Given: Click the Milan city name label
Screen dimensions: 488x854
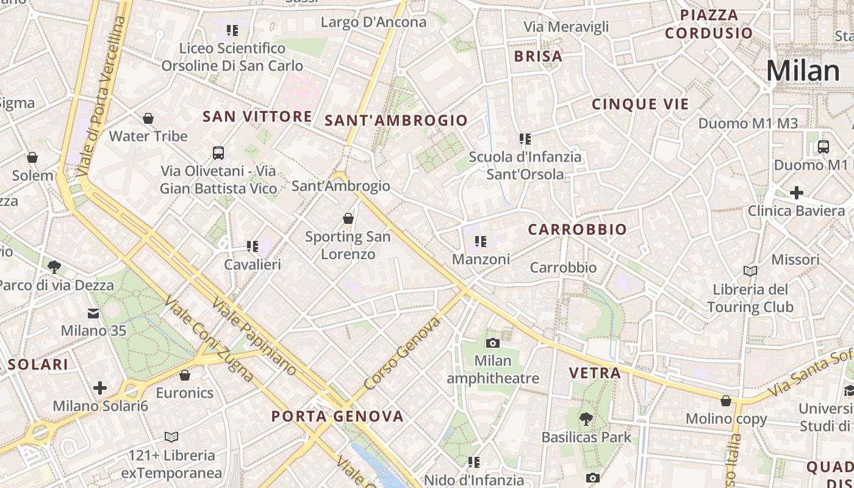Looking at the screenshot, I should click(x=803, y=71).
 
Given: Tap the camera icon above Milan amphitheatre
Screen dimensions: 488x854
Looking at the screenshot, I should click(x=492, y=343).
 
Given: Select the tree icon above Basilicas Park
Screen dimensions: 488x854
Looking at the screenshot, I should click(x=586, y=419).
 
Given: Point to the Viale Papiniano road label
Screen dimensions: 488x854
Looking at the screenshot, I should click(x=254, y=337).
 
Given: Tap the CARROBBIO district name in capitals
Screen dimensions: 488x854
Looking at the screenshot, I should click(x=577, y=229).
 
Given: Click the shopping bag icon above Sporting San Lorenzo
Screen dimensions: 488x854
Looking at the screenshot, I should click(x=348, y=218).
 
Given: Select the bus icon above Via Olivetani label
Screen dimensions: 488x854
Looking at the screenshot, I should click(x=218, y=152).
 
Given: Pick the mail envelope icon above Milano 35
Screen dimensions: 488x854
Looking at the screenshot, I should click(x=93, y=313).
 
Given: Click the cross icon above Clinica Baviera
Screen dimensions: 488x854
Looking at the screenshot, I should click(x=796, y=193).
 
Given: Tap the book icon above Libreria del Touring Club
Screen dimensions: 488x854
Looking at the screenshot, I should click(x=750, y=271).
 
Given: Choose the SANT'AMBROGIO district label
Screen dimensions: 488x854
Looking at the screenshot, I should click(x=396, y=120).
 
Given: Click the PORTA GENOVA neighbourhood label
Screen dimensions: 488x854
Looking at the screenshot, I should click(x=337, y=417).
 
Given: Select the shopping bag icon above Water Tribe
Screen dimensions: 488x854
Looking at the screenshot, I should click(x=148, y=118).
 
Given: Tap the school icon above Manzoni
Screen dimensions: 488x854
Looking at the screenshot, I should click(x=481, y=242).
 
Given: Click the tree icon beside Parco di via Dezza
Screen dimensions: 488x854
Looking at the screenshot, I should click(x=54, y=267).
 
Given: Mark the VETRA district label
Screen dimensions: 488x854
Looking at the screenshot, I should click(x=595, y=373).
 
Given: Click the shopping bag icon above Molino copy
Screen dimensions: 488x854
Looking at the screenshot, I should click(x=726, y=401).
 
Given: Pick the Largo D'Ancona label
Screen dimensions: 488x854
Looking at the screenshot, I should click(x=373, y=23).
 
